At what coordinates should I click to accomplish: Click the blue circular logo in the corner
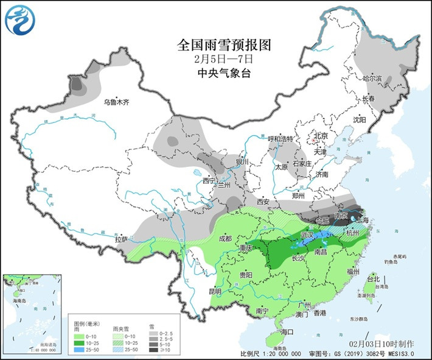click(20, 20)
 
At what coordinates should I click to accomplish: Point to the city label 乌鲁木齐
click(117, 102)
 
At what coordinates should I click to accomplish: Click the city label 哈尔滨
click(372, 79)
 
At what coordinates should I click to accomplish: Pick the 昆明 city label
click(215, 291)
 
